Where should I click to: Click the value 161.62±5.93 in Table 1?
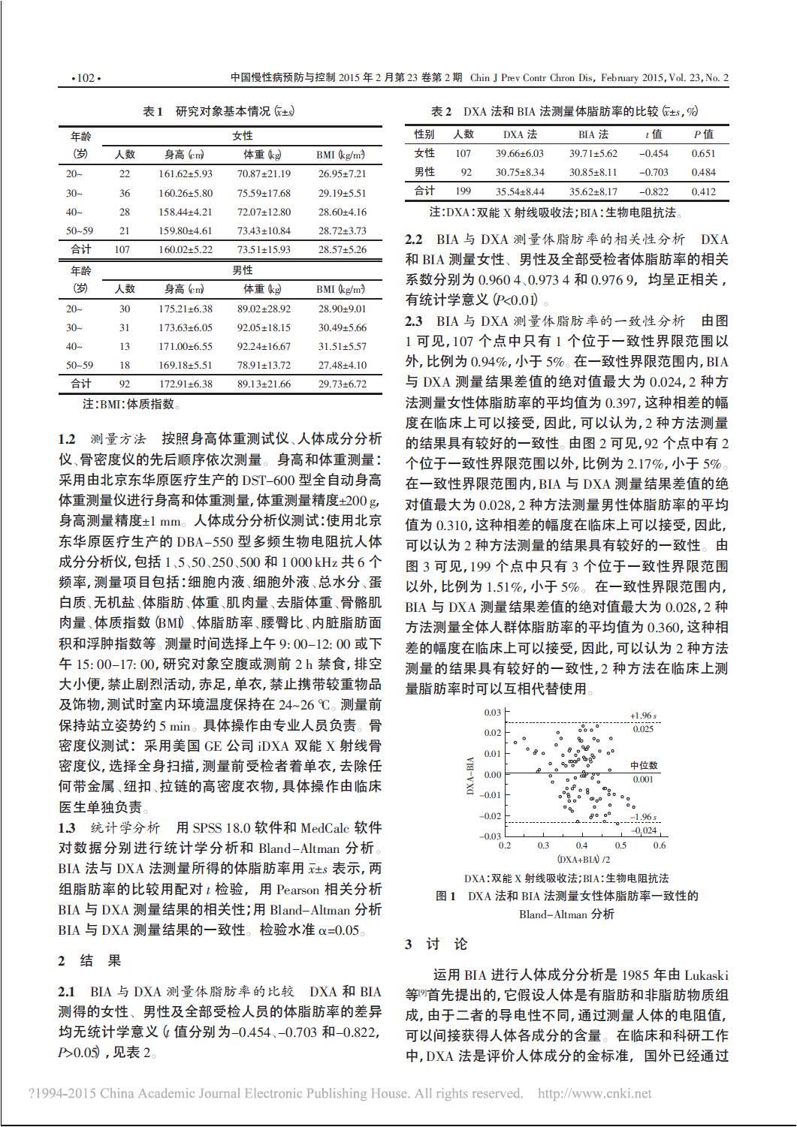(185, 173)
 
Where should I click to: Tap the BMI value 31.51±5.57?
(341, 346)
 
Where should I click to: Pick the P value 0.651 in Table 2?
(703, 153)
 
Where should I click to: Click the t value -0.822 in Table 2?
(653, 191)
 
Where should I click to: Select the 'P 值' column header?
(703, 134)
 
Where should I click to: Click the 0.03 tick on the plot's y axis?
(492, 712)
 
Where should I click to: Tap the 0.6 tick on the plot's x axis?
(659, 845)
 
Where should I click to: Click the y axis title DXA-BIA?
(470, 774)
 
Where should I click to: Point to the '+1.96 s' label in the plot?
(644, 716)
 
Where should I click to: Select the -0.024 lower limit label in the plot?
(644, 830)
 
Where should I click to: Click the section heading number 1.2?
(67, 438)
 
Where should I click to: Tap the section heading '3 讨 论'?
(436, 945)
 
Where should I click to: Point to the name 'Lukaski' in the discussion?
(705, 975)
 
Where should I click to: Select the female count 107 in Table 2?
(463, 153)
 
